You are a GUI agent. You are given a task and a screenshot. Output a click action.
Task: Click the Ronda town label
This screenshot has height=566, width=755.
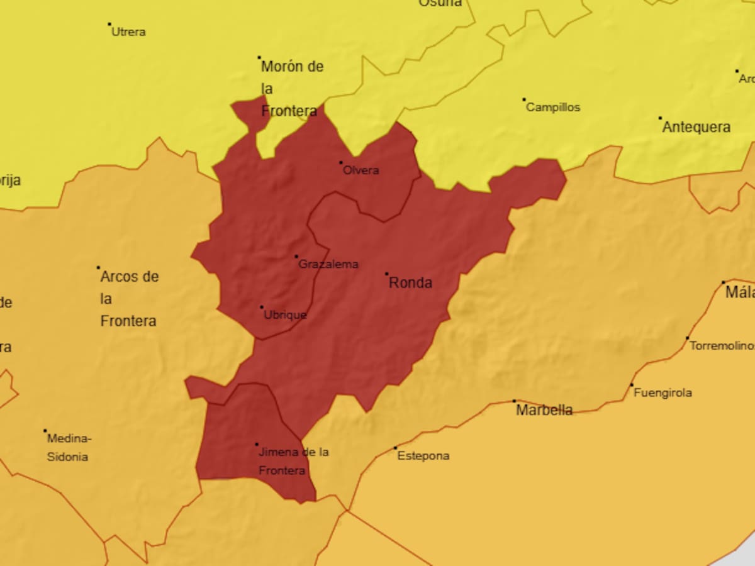click(x=410, y=283)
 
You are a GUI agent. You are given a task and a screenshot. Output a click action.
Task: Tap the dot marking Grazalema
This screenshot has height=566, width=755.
click(x=296, y=257)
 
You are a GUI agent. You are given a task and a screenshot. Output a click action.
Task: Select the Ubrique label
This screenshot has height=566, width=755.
click(x=285, y=315)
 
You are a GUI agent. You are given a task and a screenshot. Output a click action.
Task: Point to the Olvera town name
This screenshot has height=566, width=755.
click(x=361, y=170)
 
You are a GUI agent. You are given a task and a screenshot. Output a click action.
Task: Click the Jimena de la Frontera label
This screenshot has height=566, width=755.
click(x=293, y=461)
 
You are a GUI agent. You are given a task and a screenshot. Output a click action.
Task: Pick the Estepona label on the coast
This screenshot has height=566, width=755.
click(x=423, y=456)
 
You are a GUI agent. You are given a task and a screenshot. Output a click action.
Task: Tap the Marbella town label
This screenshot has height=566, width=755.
click(x=544, y=411)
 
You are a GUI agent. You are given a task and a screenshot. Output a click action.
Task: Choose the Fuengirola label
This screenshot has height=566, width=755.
click(x=663, y=393)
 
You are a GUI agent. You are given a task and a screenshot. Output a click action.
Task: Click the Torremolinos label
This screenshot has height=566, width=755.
click(x=722, y=346)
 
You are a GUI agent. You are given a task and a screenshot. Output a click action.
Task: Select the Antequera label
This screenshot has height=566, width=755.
click(x=696, y=127)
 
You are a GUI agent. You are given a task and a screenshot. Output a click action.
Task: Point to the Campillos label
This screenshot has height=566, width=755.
click(x=553, y=108)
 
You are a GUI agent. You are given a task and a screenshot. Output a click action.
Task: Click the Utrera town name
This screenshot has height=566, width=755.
click(x=128, y=32)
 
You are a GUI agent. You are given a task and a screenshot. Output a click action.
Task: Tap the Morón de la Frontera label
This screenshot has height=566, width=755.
click(x=291, y=89)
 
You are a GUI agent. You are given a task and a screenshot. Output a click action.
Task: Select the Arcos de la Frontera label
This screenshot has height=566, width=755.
click(x=129, y=299)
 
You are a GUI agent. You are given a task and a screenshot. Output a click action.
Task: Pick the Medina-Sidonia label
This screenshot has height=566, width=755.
click(x=69, y=448)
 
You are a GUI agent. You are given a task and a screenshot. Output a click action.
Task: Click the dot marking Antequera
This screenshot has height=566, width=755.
click(x=660, y=118)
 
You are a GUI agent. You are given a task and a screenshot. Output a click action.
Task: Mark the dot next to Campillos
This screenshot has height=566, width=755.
click(x=523, y=99)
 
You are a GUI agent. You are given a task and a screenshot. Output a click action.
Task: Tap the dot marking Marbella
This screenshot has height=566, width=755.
click(x=514, y=401)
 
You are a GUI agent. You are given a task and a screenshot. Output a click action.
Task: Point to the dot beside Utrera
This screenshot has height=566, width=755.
click(x=109, y=24)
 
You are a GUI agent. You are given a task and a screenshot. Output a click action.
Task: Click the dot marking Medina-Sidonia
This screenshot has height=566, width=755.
click(x=45, y=431)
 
